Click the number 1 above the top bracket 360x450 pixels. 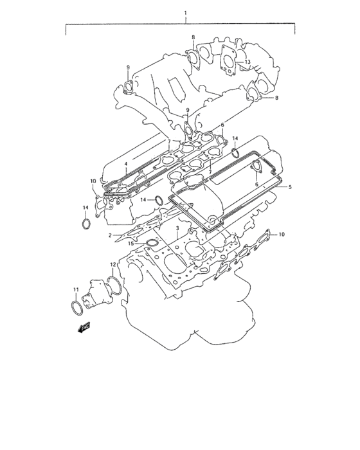point(185,14)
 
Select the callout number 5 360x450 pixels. point(290,187)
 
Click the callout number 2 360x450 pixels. point(110,236)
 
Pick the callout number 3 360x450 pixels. point(177,228)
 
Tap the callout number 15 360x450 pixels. point(130,244)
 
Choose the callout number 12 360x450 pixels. point(113,264)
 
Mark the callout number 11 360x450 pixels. point(75,290)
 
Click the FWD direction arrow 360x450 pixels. point(83,328)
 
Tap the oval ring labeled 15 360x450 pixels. point(152,243)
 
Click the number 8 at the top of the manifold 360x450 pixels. point(193,37)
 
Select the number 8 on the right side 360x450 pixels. point(276,98)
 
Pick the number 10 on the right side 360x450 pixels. point(281,235)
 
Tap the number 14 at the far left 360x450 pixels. point(85,207)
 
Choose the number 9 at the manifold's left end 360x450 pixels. point(128,67)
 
